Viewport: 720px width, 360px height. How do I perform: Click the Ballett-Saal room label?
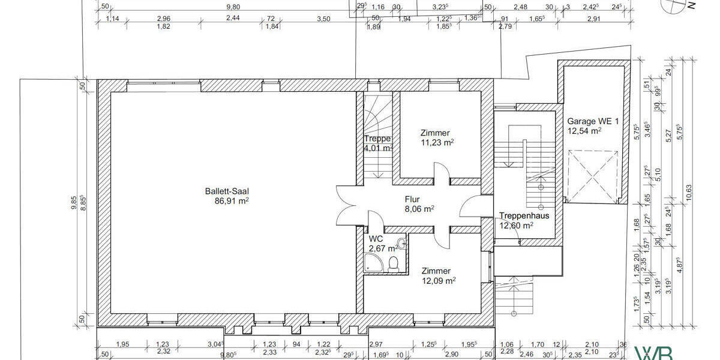pos(227,191)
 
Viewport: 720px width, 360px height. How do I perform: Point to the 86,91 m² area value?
pos(227,202)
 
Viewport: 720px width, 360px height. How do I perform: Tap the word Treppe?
pos(377,139)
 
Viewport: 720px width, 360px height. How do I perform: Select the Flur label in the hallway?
pos(412,199)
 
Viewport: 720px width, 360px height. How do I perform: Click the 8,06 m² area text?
pos(419,209)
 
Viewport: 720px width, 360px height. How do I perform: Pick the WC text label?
pos(376,238)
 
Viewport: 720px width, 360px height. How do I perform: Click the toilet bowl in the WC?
pos(394,263)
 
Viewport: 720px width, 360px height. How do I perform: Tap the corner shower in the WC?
pos(371,262)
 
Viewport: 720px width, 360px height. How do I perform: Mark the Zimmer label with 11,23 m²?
pos(435,133)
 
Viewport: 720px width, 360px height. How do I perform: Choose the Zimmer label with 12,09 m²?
pos(436,271)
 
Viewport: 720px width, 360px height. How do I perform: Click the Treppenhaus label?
pos(521,216)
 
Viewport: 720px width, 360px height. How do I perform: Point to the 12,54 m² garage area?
pos(584,129)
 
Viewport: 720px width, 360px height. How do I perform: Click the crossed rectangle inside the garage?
pos(592,177)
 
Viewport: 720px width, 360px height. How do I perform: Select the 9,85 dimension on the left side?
pos(74,204)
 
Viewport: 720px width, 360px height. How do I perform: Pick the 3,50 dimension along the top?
pos(323,19)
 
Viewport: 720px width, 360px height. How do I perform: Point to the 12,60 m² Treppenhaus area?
pos(516,226)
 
